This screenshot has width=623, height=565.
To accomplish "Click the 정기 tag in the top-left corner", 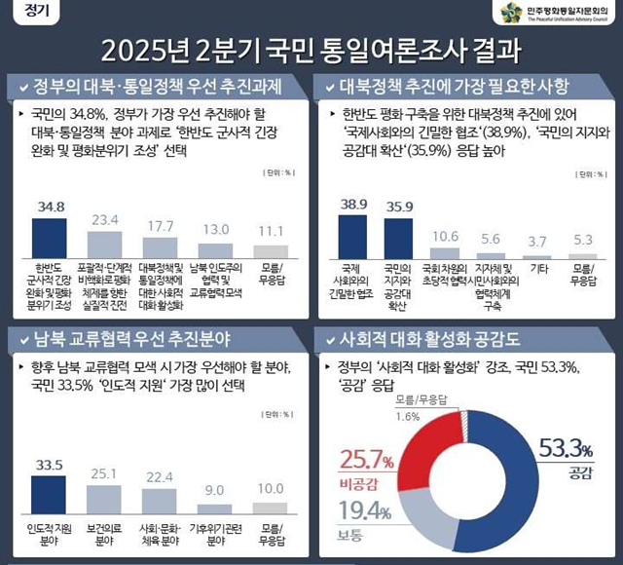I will coord(33,13).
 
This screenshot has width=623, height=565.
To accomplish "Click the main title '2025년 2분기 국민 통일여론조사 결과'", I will coord(311,50).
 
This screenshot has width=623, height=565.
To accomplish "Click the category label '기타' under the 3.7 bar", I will coord(537,270).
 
